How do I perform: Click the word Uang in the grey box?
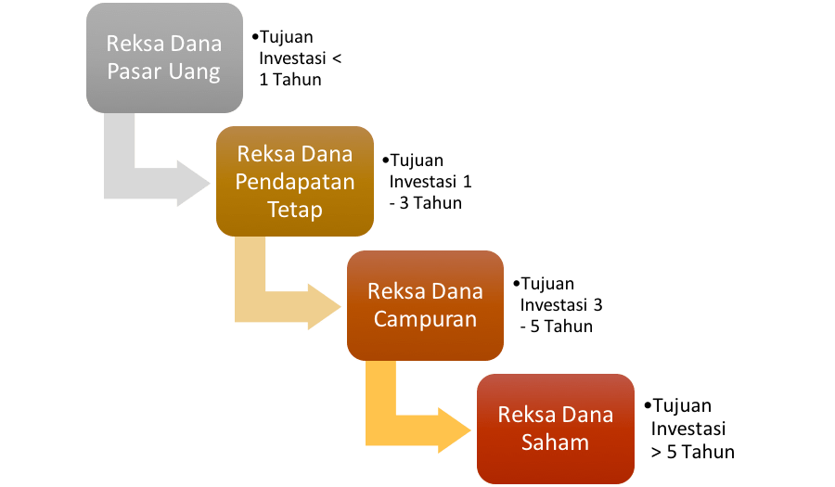pos(194,72)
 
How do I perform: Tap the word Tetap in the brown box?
pos(295,210)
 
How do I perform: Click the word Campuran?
pos(425,319)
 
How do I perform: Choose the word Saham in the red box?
pos(555,442)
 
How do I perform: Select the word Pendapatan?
pos(295,182)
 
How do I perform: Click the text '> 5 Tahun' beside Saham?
pos(693,452)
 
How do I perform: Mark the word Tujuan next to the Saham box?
pos(681,406)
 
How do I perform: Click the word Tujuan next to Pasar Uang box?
pos(287,38)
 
